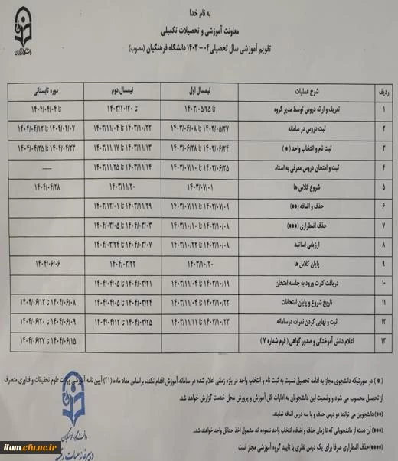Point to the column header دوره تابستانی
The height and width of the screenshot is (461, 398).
[45, 89]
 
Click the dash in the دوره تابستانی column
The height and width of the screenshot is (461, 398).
[45, 165]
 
